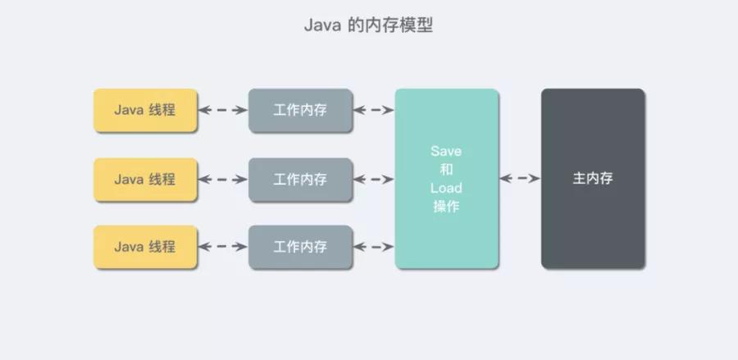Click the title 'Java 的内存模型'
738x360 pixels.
click(368, 25)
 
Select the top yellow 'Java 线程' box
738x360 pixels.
click(145, 110)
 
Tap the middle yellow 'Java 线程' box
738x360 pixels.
click(145, 179)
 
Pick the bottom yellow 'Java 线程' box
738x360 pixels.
click(145, 247)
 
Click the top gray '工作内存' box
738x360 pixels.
click(301, 110)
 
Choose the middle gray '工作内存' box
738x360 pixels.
click(301, 179)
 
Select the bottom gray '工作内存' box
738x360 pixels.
click(301, 247)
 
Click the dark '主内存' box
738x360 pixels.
click(593, 179)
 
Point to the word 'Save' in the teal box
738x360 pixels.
click(447, 152)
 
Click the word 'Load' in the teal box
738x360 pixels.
click(447, 188)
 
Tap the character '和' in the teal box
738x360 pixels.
click(447, 170)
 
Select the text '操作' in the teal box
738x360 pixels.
click(447, 207)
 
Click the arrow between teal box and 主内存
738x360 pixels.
click(520, 178)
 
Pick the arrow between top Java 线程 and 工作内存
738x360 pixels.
click(223, 110)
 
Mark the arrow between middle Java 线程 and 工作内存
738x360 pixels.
click(223, 179)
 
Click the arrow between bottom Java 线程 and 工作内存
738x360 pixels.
click(223, 247)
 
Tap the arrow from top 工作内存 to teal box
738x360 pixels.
click(374, 110)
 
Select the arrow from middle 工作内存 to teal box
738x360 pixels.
click(374, 179)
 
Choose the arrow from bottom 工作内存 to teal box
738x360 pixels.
click(374, 247)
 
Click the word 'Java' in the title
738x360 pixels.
click(322, 25)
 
